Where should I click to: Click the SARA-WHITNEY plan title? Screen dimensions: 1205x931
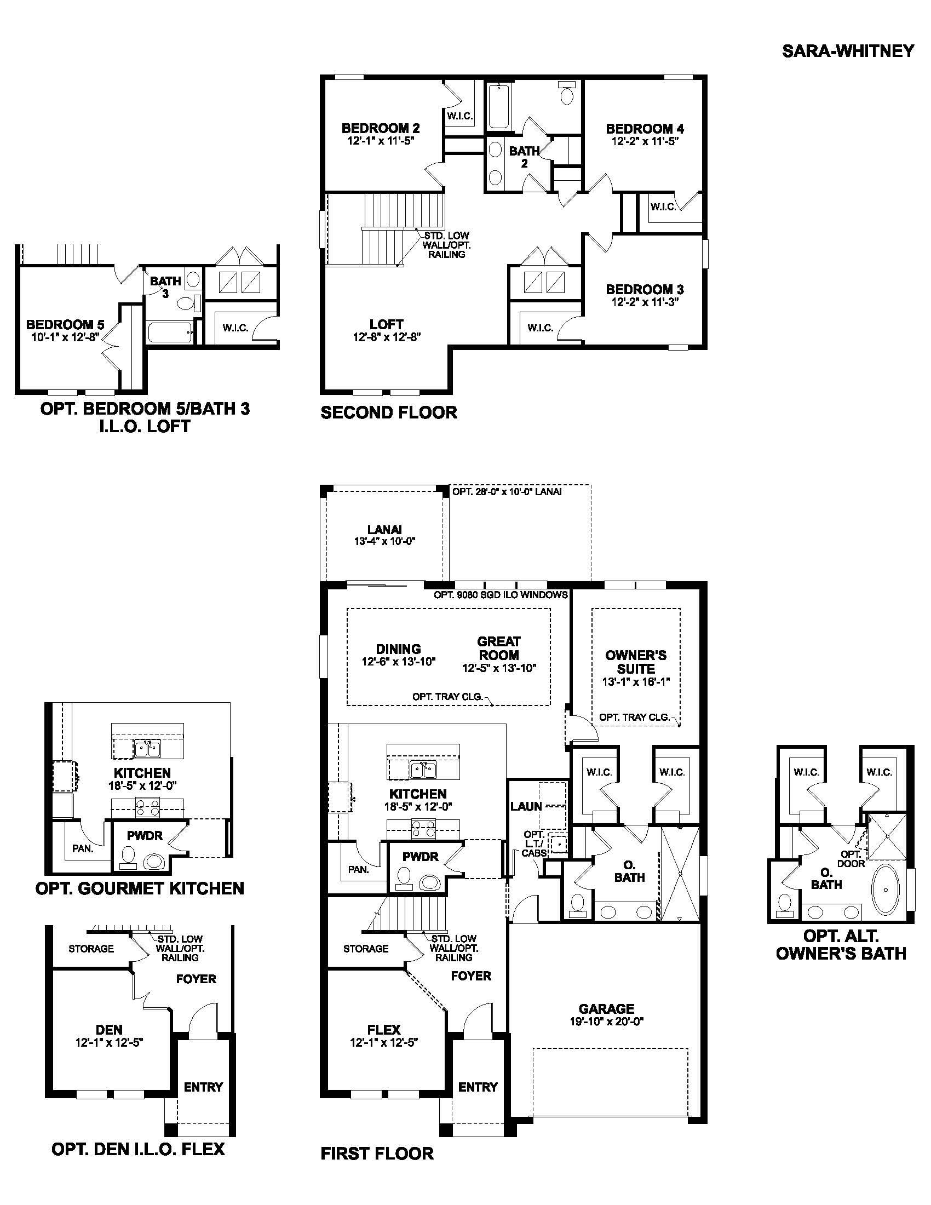(848, 51)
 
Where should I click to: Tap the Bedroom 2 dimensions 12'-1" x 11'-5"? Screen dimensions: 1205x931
(381, 141)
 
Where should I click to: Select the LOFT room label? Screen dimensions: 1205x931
(386, 324)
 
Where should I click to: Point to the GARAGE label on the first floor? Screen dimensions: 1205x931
(606, 1008)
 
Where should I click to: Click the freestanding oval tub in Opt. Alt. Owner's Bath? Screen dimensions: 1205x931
(884, 889)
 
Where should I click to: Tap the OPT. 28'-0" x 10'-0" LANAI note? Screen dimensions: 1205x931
(507, 492)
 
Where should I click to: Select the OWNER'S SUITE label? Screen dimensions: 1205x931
(635, 662)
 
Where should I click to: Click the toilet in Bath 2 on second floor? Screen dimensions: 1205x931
(566, 94)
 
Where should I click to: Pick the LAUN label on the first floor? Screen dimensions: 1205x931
(526, 806)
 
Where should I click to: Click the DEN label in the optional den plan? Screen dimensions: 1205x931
(109, 1030)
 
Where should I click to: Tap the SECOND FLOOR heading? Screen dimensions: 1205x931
(388, 412)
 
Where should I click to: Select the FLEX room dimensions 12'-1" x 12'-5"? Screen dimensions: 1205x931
(384, 1043)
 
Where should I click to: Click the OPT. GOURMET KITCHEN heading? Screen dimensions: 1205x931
(139, 888)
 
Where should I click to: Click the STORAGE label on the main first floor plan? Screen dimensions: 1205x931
(366, 949)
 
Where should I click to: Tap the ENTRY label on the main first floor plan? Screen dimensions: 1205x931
(478, 1087)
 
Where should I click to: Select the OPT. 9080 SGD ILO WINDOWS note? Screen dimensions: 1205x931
(500, 595)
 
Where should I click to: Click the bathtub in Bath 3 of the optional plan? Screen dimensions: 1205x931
(169, 332)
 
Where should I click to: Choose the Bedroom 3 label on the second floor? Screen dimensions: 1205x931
(644, 289)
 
